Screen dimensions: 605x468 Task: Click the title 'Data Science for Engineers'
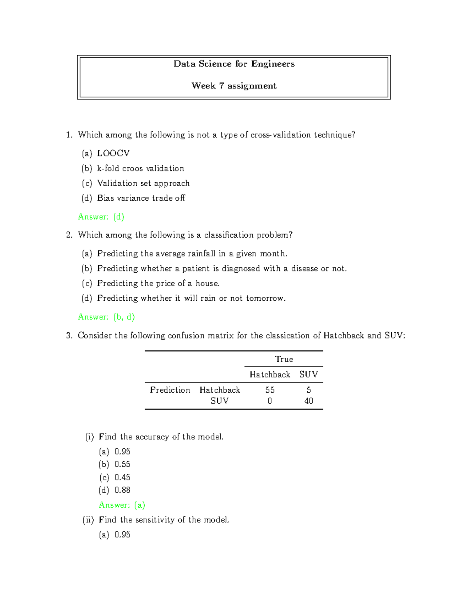(234, 64)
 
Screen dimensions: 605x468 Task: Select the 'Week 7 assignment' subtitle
(234, 86)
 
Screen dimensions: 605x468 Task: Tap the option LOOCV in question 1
(113, 153)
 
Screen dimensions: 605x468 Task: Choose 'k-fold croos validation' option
(140, 168)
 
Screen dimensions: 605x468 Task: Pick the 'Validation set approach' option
(143, 183)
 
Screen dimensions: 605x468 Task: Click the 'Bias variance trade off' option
(141, 198)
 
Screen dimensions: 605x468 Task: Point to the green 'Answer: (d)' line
(101, 217)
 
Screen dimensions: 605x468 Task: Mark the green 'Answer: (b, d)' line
(106, 317)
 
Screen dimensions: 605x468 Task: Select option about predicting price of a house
(158, 283)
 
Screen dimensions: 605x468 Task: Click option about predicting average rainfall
(192, 254)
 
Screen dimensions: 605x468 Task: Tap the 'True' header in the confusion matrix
(284, 359)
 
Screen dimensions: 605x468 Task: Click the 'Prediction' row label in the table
(170, 390)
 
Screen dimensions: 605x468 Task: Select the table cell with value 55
(270, 390)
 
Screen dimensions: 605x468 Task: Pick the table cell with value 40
(308, 401)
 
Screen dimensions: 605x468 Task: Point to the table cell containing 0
(270, 401)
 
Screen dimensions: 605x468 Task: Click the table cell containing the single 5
(308, 390)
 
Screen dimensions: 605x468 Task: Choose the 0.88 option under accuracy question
(122, 490)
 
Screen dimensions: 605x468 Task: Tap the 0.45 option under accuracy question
(122, 477)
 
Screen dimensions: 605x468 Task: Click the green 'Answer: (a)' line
(122, 505)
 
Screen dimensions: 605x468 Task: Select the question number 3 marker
(69, 335)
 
